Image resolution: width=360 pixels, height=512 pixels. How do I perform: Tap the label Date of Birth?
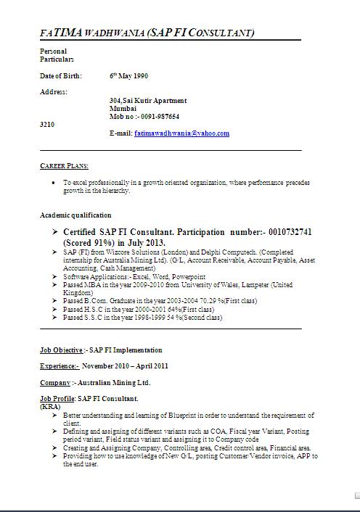[x=61, y=75]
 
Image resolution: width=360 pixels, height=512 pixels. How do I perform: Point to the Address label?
[x=54, y=92]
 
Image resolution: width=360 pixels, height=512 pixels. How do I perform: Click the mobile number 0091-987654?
[x=159, y=116]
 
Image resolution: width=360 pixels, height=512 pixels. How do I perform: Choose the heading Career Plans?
[x=64, y=165]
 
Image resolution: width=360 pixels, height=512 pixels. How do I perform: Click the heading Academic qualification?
[x=75, y=215]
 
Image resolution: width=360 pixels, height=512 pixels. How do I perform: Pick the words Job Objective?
[x=61, y=350]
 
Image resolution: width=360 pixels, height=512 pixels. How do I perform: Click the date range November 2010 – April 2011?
[x=125, y=366]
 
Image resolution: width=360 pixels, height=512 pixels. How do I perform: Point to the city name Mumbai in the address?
[x=122, y=108]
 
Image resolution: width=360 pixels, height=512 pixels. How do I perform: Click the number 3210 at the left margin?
[x=46, y=125]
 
